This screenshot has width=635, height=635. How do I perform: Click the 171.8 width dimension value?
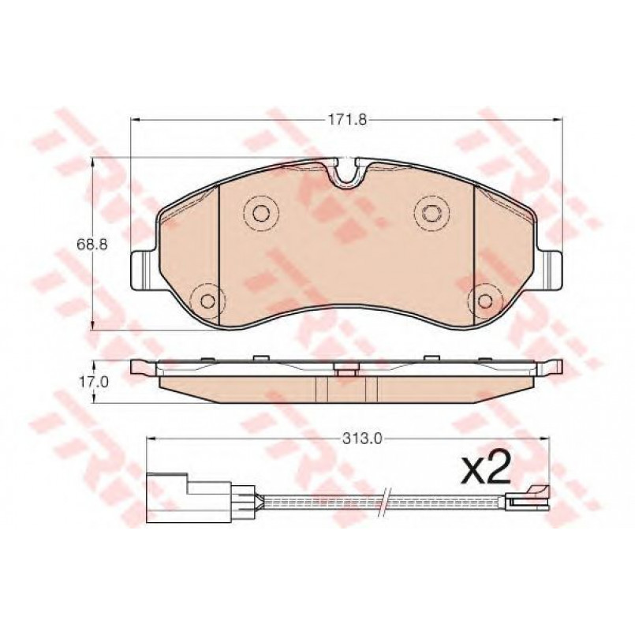pyautogui.click(x=346, y=120)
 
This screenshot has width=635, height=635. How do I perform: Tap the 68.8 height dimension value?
pyautogui.click(x=92, y=245)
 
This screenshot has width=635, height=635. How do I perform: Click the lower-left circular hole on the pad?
pyautogui.click(x=207, y=301)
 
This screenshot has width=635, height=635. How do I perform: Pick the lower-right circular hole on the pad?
pyautogui.click(x=484, y=301)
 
